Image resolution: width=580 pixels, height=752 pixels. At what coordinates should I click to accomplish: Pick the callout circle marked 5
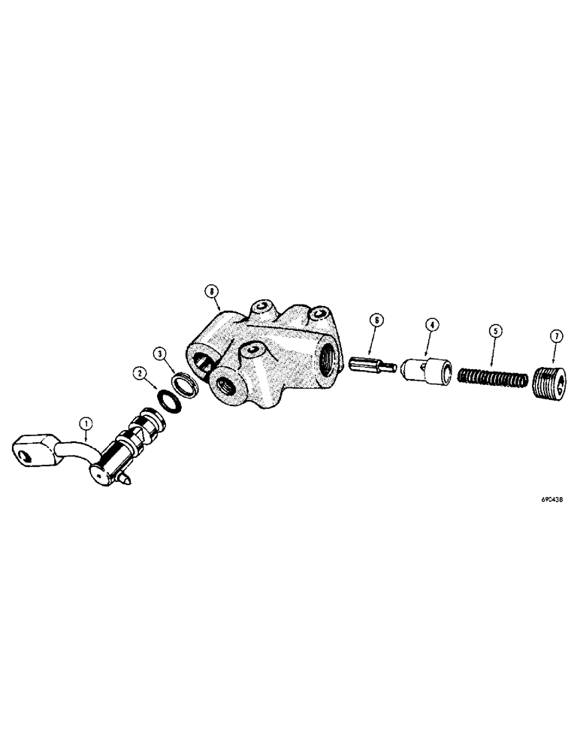(494, 329)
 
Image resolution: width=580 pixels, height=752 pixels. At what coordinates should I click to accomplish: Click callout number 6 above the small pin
(376, 320)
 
